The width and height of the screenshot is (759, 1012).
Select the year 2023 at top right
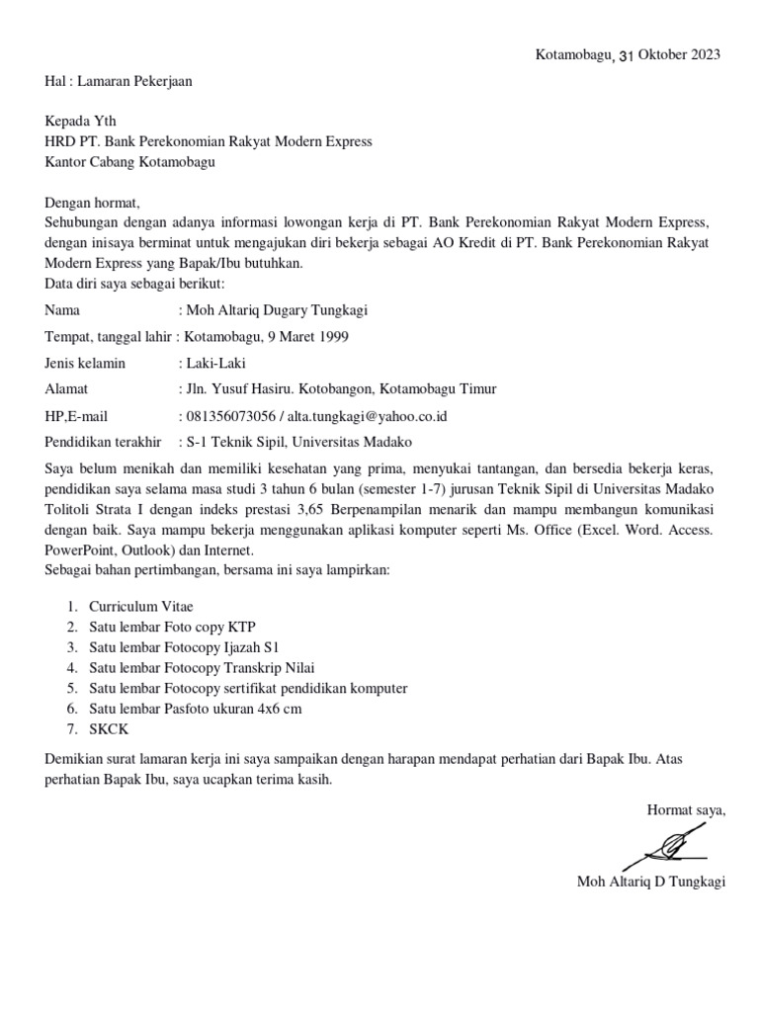(x=705, y=54)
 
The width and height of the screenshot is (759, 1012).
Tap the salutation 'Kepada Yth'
(x=81, y=122)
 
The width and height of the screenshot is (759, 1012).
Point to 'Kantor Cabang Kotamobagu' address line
(x=130, y=161)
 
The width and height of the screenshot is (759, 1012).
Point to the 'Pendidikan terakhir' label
(x=104, y=442)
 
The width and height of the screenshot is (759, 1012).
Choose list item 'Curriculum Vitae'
(x=134, y=607)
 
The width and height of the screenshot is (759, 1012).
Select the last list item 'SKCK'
(x=108, y=729)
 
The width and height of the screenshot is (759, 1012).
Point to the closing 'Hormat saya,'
(x=686, y=811)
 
